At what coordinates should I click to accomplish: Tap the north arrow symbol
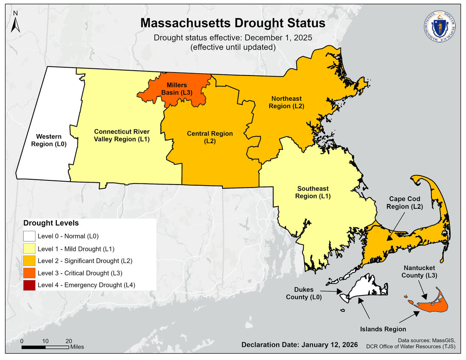point(15,23)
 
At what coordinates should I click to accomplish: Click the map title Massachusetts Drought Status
point(233,23)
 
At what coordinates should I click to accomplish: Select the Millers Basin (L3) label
point(177,89)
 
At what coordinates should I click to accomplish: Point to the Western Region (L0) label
point(49,140)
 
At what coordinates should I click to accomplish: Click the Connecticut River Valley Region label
point(122,135)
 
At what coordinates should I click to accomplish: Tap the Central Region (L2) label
point(210,137)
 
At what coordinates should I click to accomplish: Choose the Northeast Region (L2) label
point(286,102)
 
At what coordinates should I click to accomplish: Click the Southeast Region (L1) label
point(313,192)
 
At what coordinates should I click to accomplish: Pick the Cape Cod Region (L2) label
point(404,203)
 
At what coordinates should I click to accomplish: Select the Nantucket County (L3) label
point(419,271)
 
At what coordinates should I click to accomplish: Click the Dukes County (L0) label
point(304,293)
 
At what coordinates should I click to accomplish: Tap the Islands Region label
point(383,329)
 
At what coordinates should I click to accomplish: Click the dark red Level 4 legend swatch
point(29,285)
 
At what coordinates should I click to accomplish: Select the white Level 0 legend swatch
point(29,236)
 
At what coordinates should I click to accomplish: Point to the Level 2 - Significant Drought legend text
point(85,261)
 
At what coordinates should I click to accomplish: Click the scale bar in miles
point(45,347)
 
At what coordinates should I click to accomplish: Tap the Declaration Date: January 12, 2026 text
point(300,345)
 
